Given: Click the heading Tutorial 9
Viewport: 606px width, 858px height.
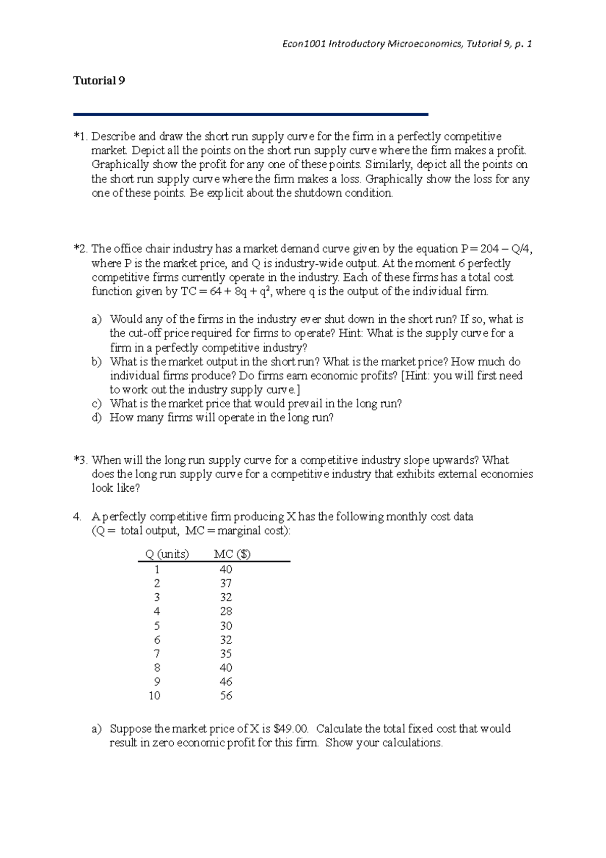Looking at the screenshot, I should point(99,81).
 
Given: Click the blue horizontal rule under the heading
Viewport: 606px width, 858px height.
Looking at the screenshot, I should point(250,115).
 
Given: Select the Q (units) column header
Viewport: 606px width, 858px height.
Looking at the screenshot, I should point(167,554).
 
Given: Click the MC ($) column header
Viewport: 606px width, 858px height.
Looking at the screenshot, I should point(232,554).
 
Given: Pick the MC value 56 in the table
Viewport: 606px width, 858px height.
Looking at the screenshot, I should point(226,696).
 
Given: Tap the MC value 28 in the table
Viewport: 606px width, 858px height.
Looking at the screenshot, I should point(226,611).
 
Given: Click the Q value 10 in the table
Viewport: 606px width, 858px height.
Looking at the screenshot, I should point(155,696).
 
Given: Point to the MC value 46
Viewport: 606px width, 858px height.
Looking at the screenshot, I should point(226,682).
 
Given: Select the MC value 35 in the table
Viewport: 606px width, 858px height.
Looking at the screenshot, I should point(226,653).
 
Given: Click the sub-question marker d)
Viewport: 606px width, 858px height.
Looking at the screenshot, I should point(97,418).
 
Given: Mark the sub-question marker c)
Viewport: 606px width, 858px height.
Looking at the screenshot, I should point(97,404).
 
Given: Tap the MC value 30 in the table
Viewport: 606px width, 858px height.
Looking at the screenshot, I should point(226,626).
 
